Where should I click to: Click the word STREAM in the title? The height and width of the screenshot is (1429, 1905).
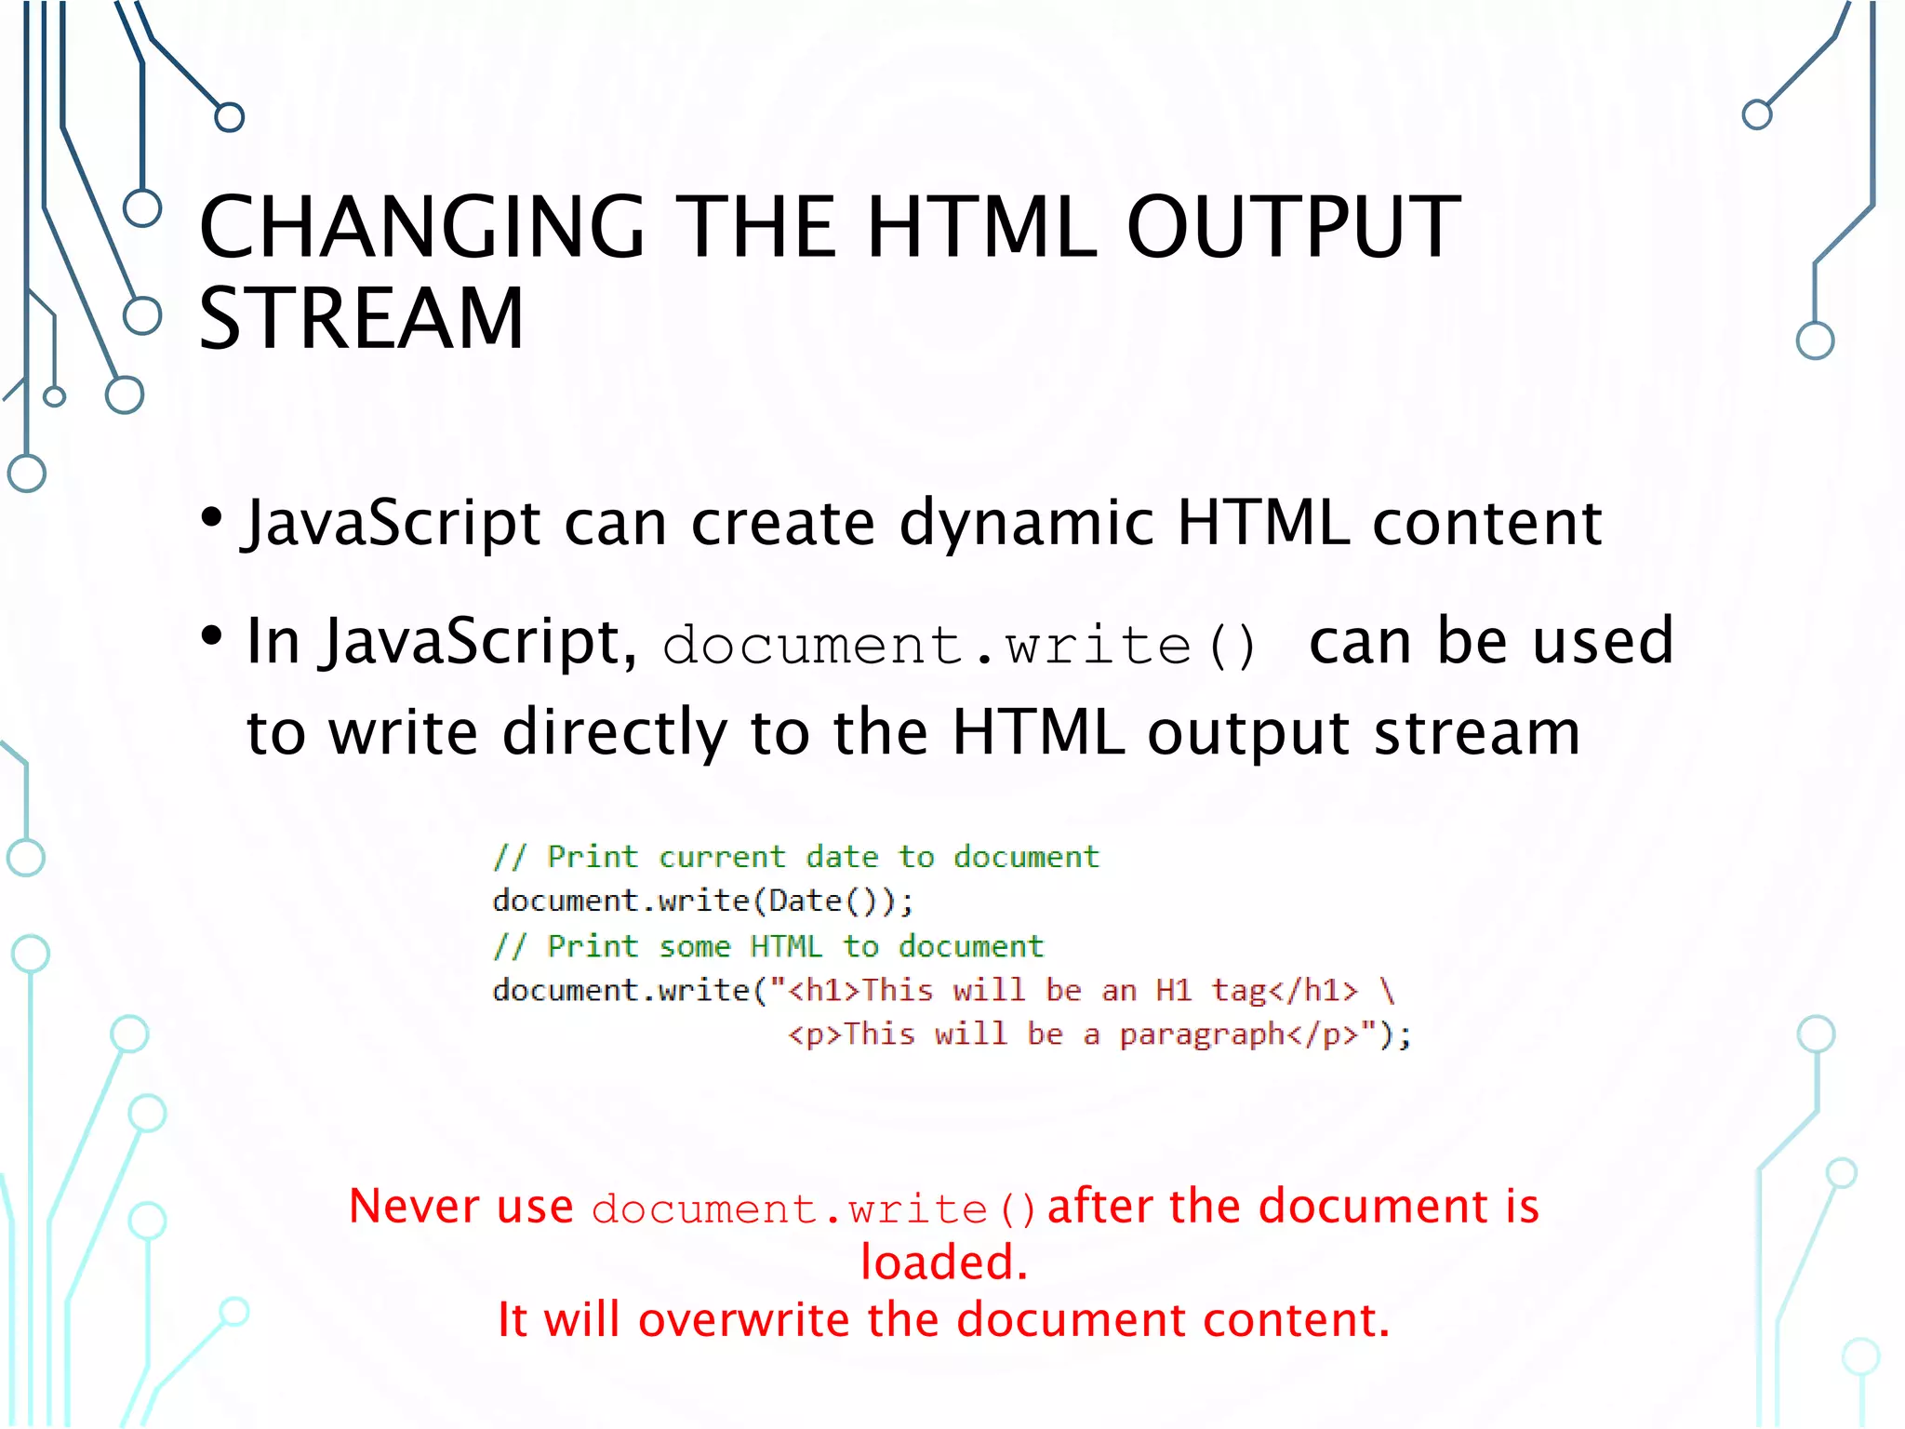pyautogui.click(x=361, y=318)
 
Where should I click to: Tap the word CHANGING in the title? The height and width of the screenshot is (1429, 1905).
pyautogui.click(x=421, y=227)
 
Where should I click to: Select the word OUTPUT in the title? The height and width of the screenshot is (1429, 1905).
pyautogui.click(x=1293, y=227)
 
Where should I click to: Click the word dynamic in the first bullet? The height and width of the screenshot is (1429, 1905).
pyautogui.click(x=1026, y=523)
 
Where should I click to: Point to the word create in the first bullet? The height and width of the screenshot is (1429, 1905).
pyautogui.click(x=782, y=523)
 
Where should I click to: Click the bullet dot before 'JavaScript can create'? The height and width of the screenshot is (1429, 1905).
pyautogui.click(x=212, y=516)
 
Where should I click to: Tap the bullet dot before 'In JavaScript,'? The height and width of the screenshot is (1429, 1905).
pyautogui.click(x=212, y=636)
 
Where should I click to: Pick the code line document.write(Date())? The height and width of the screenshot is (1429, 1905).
pyautogui.click(x=703, y=901)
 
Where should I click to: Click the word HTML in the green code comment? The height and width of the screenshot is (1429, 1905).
pyautogui.click(x=786, y=946)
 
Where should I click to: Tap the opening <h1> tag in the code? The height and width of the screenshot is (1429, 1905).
pyautogui.click(x=824, y=990)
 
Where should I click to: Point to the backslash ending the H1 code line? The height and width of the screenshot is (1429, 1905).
pyautogui.click(x=1387, y=990)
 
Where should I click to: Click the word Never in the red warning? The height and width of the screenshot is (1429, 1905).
pyautogui.click(x=415, y=1206)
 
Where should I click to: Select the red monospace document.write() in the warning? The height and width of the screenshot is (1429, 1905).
pyautogui.click(x=813, y=1209)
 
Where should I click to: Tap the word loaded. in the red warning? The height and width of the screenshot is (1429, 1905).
pyautogui.click(x=944, y=1262)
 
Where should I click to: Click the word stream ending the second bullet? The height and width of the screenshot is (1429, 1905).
pyautogui.click(x=1477, y=733)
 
